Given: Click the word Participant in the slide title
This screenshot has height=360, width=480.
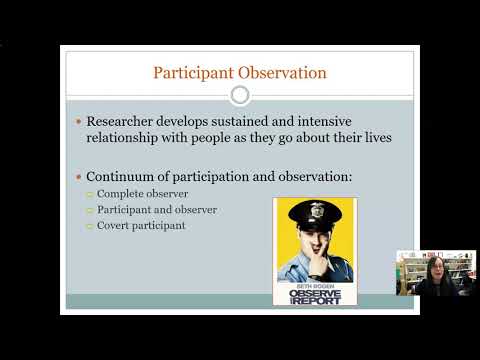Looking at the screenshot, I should [189, 72].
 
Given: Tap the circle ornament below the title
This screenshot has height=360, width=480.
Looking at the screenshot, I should [240, 95].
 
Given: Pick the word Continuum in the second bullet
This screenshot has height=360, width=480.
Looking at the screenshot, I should [127, 176].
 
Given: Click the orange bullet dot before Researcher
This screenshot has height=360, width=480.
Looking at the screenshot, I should [79, 121].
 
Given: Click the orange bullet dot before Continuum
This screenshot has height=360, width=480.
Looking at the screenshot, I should [79, 177].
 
